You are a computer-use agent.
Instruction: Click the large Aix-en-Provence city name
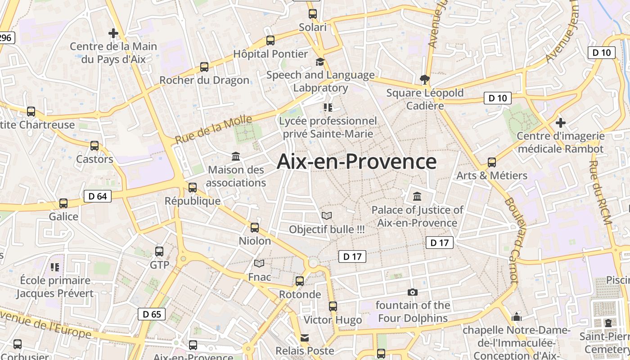click(356, 162)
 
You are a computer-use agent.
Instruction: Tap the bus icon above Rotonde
click(300, 281)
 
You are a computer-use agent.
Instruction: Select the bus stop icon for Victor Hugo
click(333, 306)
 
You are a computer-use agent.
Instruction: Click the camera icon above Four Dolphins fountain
click(412, 292)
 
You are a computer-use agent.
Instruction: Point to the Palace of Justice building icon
click(417, 197)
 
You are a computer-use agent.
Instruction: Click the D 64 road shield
click(98, 196)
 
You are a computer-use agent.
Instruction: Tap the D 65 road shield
click(152, 314)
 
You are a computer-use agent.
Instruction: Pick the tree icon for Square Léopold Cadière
click(424, 80)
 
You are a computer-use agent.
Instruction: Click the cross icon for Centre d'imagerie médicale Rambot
click(560, 122)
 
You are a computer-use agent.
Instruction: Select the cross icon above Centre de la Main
click(113, 33)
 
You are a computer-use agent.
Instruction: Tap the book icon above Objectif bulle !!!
click(327, 216)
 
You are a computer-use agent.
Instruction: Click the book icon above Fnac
click(259, 263)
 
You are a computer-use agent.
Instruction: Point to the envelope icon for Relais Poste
click(305, 338)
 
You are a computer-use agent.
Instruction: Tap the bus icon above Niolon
click(255, 227)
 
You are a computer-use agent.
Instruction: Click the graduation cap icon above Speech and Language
click(320, 62)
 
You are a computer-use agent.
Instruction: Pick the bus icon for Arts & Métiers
click(492, 162)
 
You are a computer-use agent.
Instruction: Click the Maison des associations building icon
click(236, 156)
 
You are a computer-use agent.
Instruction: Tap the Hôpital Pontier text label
click(270, 54)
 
